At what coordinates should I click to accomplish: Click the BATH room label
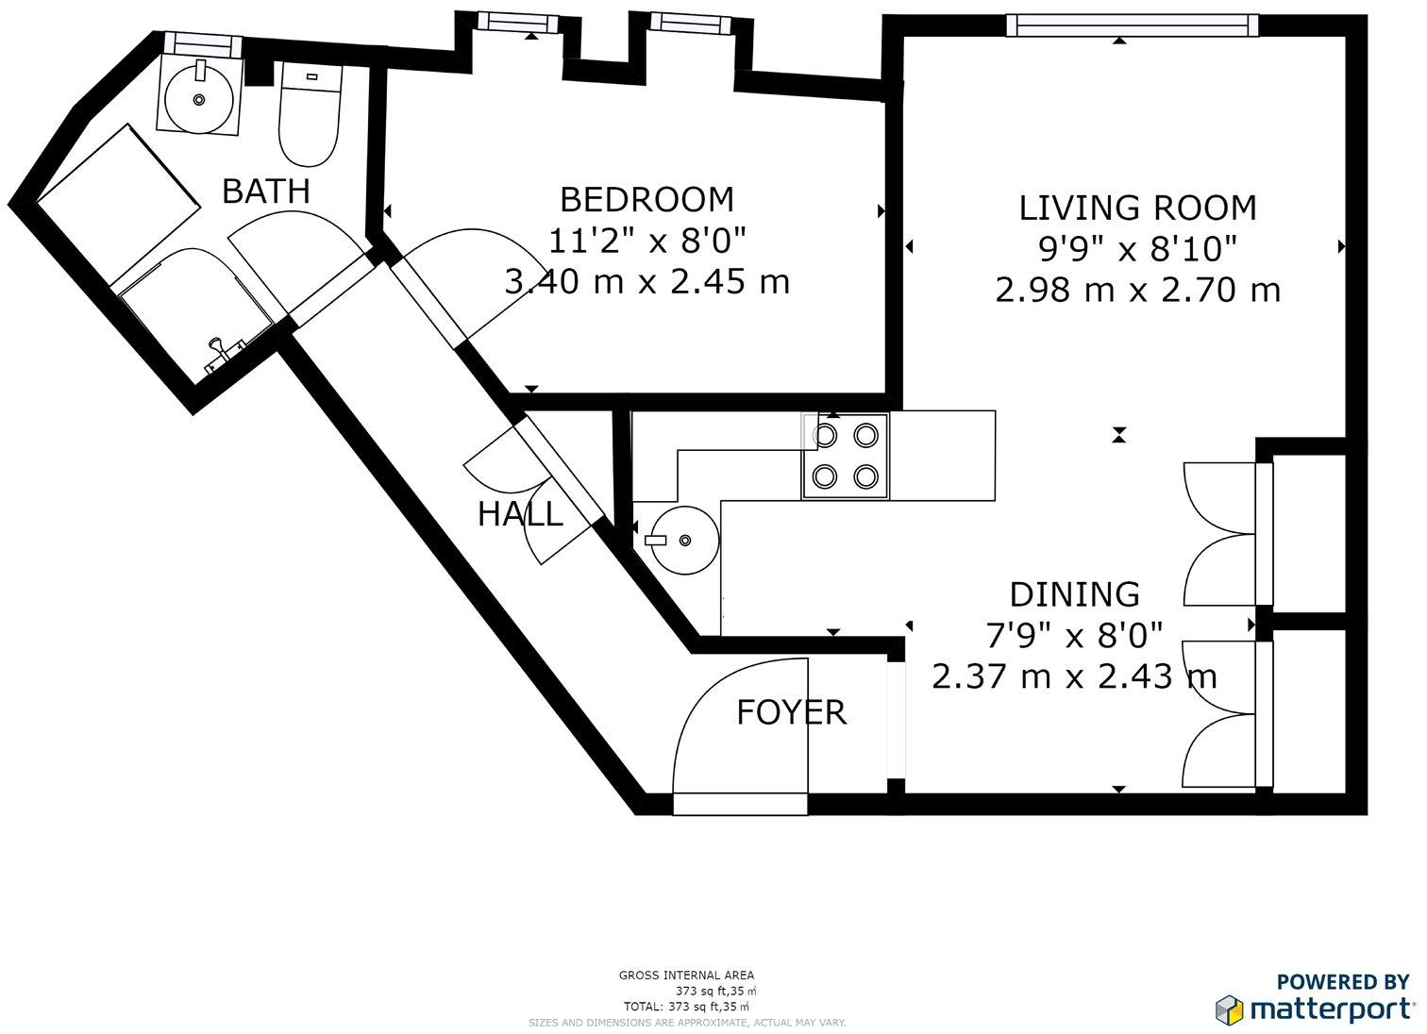[265, 191]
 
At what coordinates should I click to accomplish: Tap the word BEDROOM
[646, 199]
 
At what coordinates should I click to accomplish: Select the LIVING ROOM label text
[1138, 208]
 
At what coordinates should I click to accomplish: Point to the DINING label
[1075, 594]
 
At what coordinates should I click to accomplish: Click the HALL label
[520, 513]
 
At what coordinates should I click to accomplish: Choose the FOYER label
[791, 712]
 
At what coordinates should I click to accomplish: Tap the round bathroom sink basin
[199, 99]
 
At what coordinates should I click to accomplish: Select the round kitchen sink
[681, 540]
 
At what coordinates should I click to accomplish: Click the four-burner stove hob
[846, 456]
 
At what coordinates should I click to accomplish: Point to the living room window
[1132, 25]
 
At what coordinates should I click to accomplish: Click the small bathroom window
[203, 44]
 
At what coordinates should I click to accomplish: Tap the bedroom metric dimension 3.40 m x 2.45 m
[646, 281]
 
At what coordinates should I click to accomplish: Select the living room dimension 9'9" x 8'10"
[1138, 248]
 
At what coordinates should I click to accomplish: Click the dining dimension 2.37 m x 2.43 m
[1075, 676]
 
